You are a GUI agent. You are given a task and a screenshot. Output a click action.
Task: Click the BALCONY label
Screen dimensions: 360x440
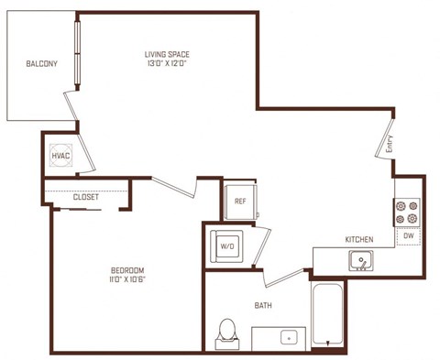(x=42, y=63)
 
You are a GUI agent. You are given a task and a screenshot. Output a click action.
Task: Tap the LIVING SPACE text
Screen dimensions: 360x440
(x=168, y=54)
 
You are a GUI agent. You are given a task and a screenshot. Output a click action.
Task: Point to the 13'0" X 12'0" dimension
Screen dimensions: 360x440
(x=168, y=64)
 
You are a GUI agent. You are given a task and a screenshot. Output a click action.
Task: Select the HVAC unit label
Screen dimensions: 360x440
(x=60, y=156)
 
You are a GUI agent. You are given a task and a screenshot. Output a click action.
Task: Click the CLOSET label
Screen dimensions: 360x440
(x=86, y=196)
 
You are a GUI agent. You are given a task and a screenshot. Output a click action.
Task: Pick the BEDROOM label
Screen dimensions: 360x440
(x=126, y=269)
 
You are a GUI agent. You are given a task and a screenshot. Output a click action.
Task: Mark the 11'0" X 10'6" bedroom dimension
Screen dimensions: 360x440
(x=126, y=279)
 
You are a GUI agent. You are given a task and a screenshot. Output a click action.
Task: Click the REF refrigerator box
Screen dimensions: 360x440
(x=240, y=201)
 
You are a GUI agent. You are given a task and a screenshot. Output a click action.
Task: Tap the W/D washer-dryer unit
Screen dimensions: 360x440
(x=227, y=245)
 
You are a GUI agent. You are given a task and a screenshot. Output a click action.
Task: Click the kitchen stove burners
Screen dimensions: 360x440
(x=406, y=213)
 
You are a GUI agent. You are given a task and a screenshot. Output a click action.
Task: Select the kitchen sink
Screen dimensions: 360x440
(x=361, y=262)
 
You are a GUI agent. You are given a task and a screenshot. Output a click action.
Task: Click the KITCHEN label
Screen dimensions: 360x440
(x=358, y=239)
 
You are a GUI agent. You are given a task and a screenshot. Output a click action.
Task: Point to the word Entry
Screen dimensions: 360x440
(x=390, y=144)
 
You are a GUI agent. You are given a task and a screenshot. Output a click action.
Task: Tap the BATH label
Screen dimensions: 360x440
(x=262, y=305)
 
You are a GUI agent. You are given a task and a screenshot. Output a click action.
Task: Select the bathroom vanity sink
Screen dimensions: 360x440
(x=291, y=337)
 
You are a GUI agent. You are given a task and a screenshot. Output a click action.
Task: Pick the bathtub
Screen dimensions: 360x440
(x=328, y=317)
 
